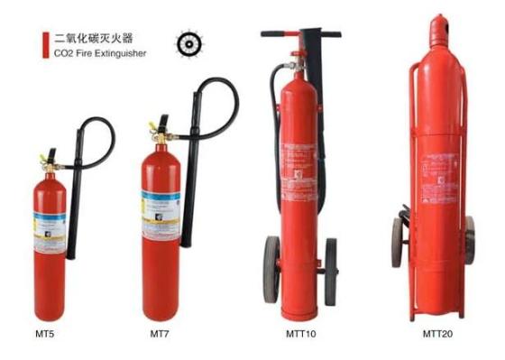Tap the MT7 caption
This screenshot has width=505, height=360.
tap(160, 335)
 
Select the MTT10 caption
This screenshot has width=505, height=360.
tap(299, 335)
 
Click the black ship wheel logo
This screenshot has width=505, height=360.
tap(188, 43)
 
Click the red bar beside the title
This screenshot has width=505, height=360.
tap(45, 45)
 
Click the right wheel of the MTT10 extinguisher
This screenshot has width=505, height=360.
tap(330, 270)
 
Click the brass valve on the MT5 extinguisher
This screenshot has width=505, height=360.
tap(46, 165)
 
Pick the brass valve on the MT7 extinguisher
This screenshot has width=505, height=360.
tap(158, 126)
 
